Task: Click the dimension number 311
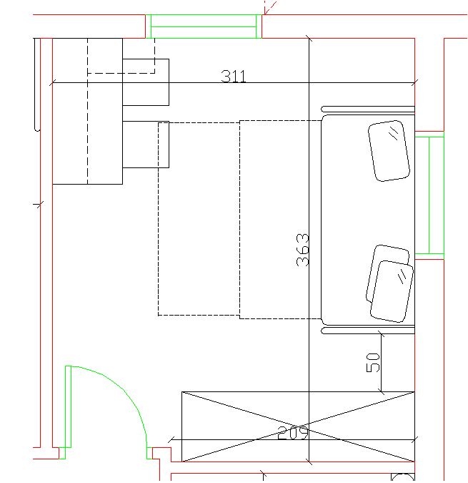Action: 234,77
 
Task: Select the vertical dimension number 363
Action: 302,250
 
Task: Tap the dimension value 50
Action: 373,363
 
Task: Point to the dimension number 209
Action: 292,433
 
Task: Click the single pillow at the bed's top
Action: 389,151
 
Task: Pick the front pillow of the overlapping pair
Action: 392,291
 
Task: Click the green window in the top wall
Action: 204,26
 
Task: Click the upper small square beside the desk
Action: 146,82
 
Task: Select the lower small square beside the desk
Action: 146,145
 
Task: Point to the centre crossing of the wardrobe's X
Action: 298,426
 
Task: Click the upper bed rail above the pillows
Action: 368,109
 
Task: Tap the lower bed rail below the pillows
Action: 368,331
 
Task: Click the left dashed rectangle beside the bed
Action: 199,219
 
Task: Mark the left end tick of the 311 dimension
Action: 53,82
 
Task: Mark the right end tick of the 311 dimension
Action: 415,82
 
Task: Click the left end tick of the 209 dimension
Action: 171,440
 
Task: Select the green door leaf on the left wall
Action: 69,406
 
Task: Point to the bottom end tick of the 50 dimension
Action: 382,392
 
